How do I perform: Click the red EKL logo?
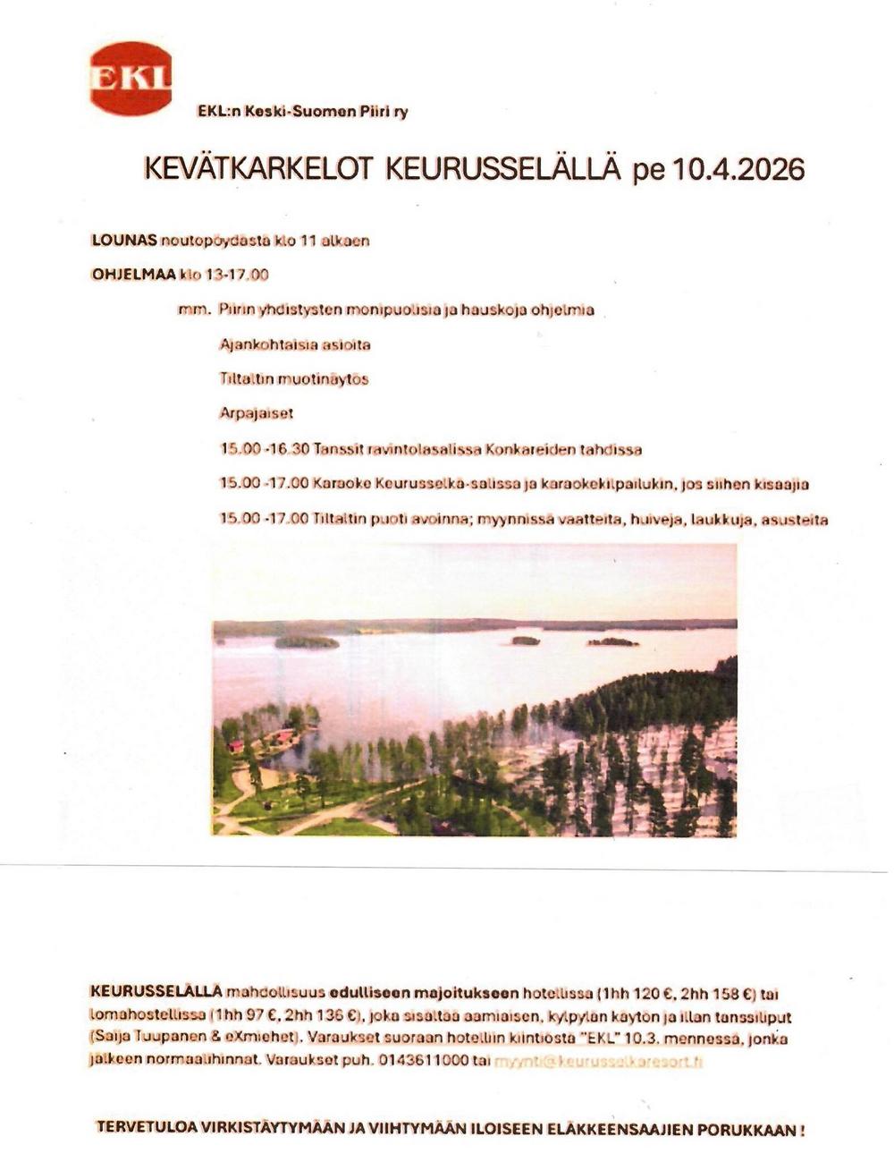131,79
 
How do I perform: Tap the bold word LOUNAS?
124,240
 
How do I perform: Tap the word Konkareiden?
522,449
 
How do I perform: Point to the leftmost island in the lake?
306,641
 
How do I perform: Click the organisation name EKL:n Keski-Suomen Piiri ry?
302,112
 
